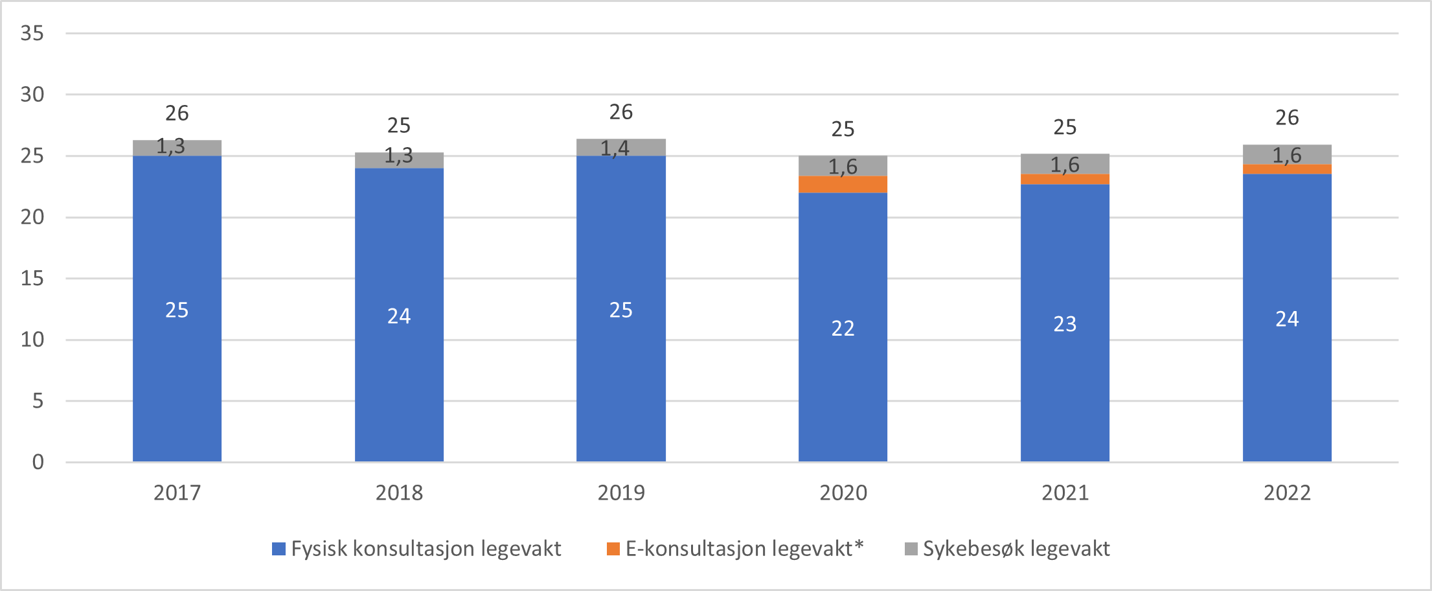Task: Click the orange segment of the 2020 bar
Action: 843,185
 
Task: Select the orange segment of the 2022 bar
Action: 1287,169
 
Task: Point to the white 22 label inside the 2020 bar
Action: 843,329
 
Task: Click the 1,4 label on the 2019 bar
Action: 615,148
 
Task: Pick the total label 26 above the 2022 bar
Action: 1287,118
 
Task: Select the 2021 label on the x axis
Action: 1065,493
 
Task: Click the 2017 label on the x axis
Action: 177,493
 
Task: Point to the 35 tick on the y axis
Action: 32,33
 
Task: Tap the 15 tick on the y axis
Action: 32,279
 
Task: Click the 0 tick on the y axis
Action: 38,462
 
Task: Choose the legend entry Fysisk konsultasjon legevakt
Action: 426,549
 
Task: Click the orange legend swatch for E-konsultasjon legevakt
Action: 613,549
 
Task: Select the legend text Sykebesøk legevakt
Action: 1016,549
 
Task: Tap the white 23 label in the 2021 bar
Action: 1065,324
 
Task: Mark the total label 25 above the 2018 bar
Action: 399,126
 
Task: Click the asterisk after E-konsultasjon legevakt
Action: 859,544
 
